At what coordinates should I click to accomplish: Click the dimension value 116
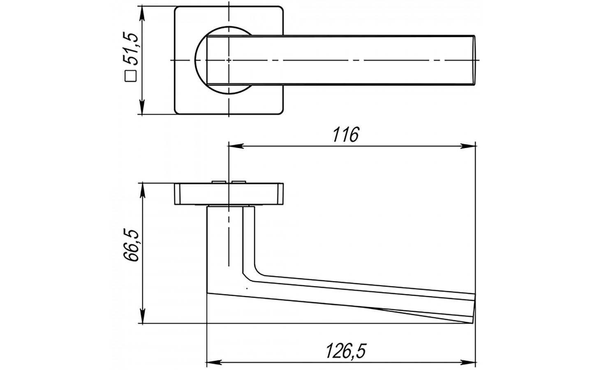pos(346,134)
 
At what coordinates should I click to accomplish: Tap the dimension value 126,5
pos(346,351)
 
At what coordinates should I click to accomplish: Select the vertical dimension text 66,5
pos(131,245)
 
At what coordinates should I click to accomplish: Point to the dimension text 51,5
pos(131,49)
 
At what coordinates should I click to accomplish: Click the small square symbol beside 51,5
pos(130,76)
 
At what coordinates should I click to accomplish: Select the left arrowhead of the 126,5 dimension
pos(213,362)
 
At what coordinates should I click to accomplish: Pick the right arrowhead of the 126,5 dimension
pos(468,362)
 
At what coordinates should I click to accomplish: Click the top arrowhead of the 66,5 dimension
pos(142,190)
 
